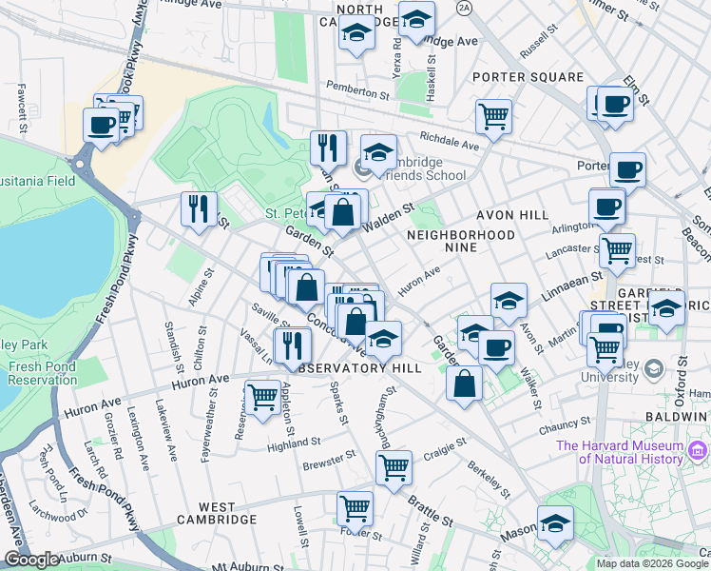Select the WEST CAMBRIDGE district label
tap(215, 520)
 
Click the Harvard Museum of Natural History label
tap(620, 452)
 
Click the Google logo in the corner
tap(30, 560)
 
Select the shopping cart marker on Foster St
tap(355, 508)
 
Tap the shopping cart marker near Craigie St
tap(394, 467)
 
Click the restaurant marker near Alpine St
tap(199, 208)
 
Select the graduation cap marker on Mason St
tap(555, 522)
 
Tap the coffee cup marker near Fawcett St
tap(101, 125)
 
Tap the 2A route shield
tap(464, 8)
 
